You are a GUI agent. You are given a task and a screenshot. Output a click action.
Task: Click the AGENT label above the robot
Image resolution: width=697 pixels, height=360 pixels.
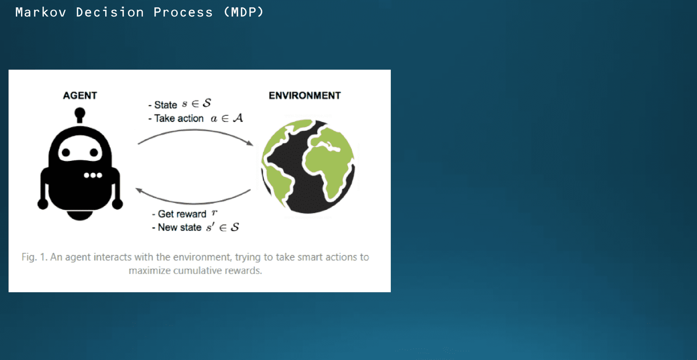(80, 95)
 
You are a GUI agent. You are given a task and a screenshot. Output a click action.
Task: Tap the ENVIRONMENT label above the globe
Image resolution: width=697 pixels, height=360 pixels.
(305, 95)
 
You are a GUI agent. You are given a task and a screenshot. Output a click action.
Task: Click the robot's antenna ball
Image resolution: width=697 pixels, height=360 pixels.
(80, 113)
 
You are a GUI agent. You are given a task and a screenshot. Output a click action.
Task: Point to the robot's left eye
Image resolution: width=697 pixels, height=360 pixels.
(66, 153)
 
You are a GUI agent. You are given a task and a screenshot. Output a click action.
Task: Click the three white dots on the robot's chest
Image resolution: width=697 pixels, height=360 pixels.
(93, 175)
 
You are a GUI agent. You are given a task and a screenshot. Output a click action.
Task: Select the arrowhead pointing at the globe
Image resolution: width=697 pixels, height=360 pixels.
(249, 143)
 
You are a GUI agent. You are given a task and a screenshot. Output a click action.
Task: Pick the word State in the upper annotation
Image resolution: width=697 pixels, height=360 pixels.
(165, 105)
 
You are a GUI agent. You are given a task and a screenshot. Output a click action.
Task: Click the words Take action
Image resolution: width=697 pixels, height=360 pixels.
(179, 119)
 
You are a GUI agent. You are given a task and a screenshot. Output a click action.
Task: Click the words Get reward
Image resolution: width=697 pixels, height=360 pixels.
(182, 214)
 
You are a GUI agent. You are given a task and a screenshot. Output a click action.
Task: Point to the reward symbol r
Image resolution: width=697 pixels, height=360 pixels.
(214, 212)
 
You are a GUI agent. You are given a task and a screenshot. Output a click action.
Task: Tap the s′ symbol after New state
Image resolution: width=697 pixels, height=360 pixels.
(210, 227)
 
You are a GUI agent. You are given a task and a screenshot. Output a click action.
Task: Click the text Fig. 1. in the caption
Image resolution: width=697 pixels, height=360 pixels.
(34, 257)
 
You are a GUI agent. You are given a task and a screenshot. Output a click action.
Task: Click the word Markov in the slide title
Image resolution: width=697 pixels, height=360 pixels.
(41, 12)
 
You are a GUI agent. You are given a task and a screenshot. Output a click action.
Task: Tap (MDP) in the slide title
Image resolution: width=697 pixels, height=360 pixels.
(244, 12)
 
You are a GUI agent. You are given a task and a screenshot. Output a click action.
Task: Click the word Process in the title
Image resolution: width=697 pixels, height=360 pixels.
(183, 12)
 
